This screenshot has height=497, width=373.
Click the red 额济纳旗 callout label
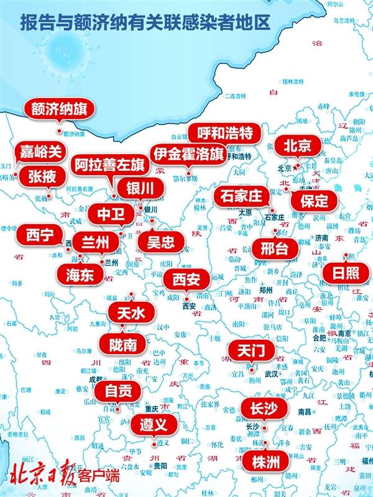[60, 109]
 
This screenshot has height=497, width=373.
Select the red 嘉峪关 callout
[40, 152]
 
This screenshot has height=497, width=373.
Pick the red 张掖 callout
[42, 176]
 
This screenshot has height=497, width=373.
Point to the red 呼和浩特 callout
[224, 133]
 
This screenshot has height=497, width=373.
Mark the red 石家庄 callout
[242, 196]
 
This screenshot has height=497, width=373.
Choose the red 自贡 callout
[117, 391]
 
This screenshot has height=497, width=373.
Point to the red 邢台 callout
[274, 248]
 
